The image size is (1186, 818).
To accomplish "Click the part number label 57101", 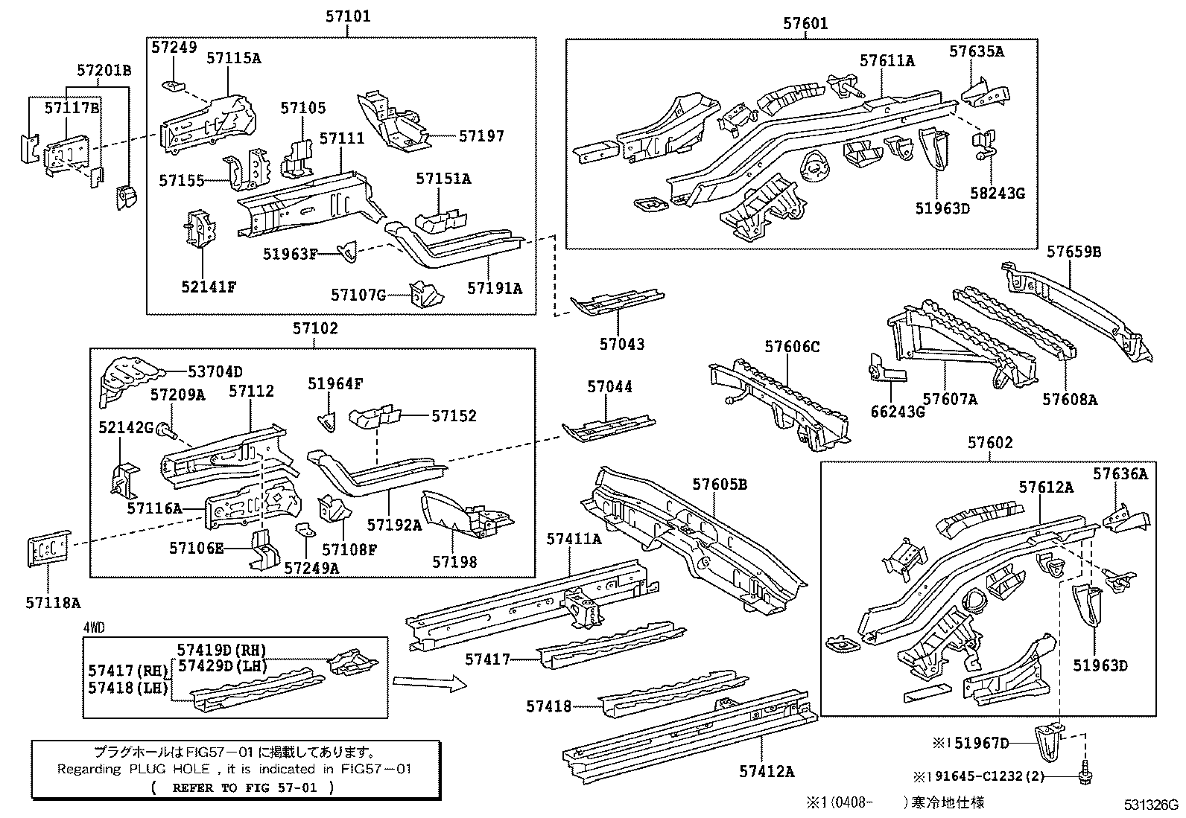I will click(x=347, y=16).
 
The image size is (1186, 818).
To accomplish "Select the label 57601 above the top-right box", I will click(x=805, y=23).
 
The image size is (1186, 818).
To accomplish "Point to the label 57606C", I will click(x=791, y=346).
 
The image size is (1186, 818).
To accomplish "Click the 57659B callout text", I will click(x=1074, y=252).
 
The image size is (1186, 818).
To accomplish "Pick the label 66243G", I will click(x=898, y=412).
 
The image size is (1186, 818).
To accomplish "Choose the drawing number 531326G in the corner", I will click(x=1151, y=805).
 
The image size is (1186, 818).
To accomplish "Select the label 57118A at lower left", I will click(x=54, y=603).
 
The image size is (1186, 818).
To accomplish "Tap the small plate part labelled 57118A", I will click(x=49, y=549).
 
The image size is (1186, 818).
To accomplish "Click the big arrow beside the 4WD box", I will click(x=430, y=682).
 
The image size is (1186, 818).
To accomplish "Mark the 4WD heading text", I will click(x=93, y=627).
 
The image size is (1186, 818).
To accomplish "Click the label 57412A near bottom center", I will click(x=767, y=771).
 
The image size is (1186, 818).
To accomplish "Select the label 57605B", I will click(x=719, y=485).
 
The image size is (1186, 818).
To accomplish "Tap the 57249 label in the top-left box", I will click(x=174, y=47).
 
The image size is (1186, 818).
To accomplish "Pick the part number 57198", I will click(x=454, y=562).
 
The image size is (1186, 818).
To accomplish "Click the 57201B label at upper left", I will click(x=104, y=70).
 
